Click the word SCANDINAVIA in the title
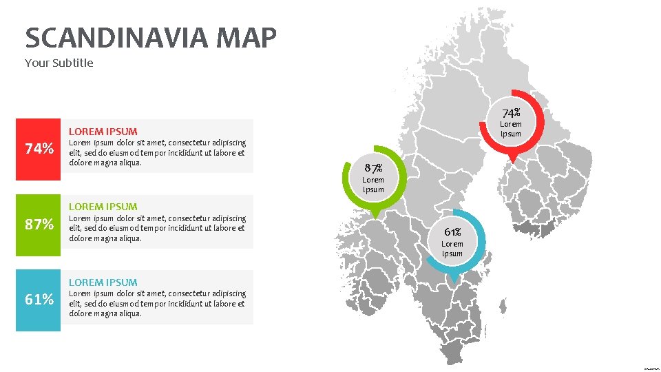click(116, 38)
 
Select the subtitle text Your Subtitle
click(59, 63)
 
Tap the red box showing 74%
click(39, 149)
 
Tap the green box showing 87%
click(39, 225)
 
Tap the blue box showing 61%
click(39, 300)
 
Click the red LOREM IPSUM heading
click(103, 131)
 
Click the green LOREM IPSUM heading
click(103, 206)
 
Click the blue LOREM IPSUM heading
click(103, 282)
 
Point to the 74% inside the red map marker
click(511, 112)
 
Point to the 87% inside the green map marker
click(373, 168)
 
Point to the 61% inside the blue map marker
click(452, 232)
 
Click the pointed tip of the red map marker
click(512, 162)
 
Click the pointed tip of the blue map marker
click(453, 281)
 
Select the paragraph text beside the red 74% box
click(157, 153)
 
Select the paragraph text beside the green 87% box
click(157, 228)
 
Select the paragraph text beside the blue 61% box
click(157, 304)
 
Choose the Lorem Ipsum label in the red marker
click(511, 129)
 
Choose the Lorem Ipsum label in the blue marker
click(452, 249)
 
